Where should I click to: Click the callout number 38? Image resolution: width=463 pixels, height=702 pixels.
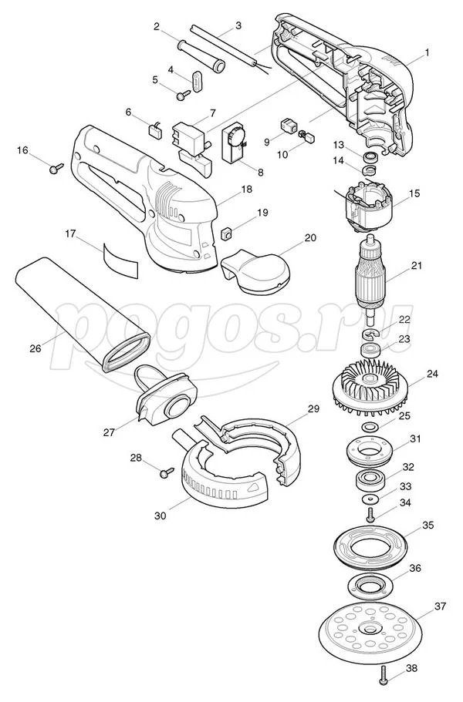click(x=411, y=668)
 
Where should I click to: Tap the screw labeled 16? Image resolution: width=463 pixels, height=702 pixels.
click(x=56, y=168)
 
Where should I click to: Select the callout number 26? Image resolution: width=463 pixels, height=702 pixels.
click(x=35, y=348)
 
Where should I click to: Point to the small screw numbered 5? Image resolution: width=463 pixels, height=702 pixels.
click(x=184, y=95)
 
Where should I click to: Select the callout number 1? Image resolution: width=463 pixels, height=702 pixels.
click(x=427, y=52)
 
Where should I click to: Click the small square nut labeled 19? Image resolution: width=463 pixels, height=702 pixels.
click(x=226, y=233)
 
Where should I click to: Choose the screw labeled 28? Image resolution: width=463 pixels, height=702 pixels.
click(x=167, y=472)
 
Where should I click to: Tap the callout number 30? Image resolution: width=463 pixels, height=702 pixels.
click(x=160, y=516)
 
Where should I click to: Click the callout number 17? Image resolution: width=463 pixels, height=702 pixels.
click(x=70, y=233)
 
